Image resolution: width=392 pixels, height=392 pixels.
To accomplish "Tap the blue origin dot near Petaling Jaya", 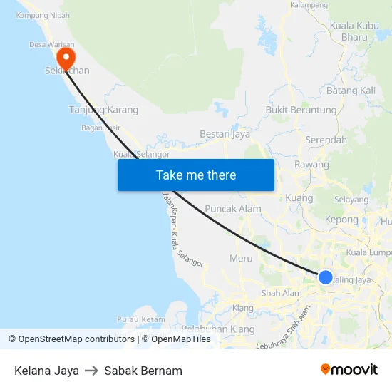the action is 325,277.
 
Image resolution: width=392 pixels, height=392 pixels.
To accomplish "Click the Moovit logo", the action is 349,370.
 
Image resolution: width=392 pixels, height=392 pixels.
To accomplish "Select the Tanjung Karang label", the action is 103,110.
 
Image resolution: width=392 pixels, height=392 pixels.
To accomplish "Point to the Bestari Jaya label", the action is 225,133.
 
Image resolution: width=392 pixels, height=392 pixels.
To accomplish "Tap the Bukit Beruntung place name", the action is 301,110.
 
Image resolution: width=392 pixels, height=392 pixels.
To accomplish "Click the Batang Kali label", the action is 351,91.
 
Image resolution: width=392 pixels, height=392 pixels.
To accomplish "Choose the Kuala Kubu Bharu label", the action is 354,31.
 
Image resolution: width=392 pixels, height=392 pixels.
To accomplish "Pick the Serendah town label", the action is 326,140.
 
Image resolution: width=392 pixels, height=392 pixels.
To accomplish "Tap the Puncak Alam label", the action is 232,209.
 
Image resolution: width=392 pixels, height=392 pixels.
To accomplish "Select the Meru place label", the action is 242,258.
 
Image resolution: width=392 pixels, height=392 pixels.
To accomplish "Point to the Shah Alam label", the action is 282,293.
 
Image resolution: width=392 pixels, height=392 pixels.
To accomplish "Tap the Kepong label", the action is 341,220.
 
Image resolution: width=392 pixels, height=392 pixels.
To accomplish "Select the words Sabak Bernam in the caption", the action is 143,371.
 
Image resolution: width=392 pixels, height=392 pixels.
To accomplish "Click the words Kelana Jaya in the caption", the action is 46,371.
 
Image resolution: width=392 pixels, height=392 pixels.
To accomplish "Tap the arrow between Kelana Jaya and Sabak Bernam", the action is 91,371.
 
